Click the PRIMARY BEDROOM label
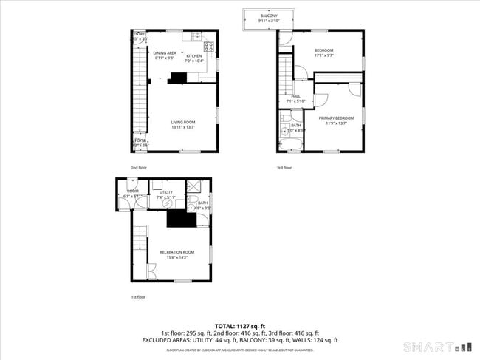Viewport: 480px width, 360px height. click(x=336, y=120)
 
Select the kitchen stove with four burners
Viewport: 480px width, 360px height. click(x=209, y=49)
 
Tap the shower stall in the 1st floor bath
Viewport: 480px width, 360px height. click(x=196, y=187)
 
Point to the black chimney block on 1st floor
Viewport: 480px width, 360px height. click(x=177, y=219)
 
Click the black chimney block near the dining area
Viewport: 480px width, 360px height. click(x=178, y=77)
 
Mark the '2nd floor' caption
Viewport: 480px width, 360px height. click(x=139, y=168)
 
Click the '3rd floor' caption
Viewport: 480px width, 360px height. click(x=284, y=168)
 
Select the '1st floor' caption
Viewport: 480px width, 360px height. click(x=139, y=296)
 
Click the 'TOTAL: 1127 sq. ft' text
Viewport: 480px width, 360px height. click(x=240, y=326)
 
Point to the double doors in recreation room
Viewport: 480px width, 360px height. click(x=151, y=275)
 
